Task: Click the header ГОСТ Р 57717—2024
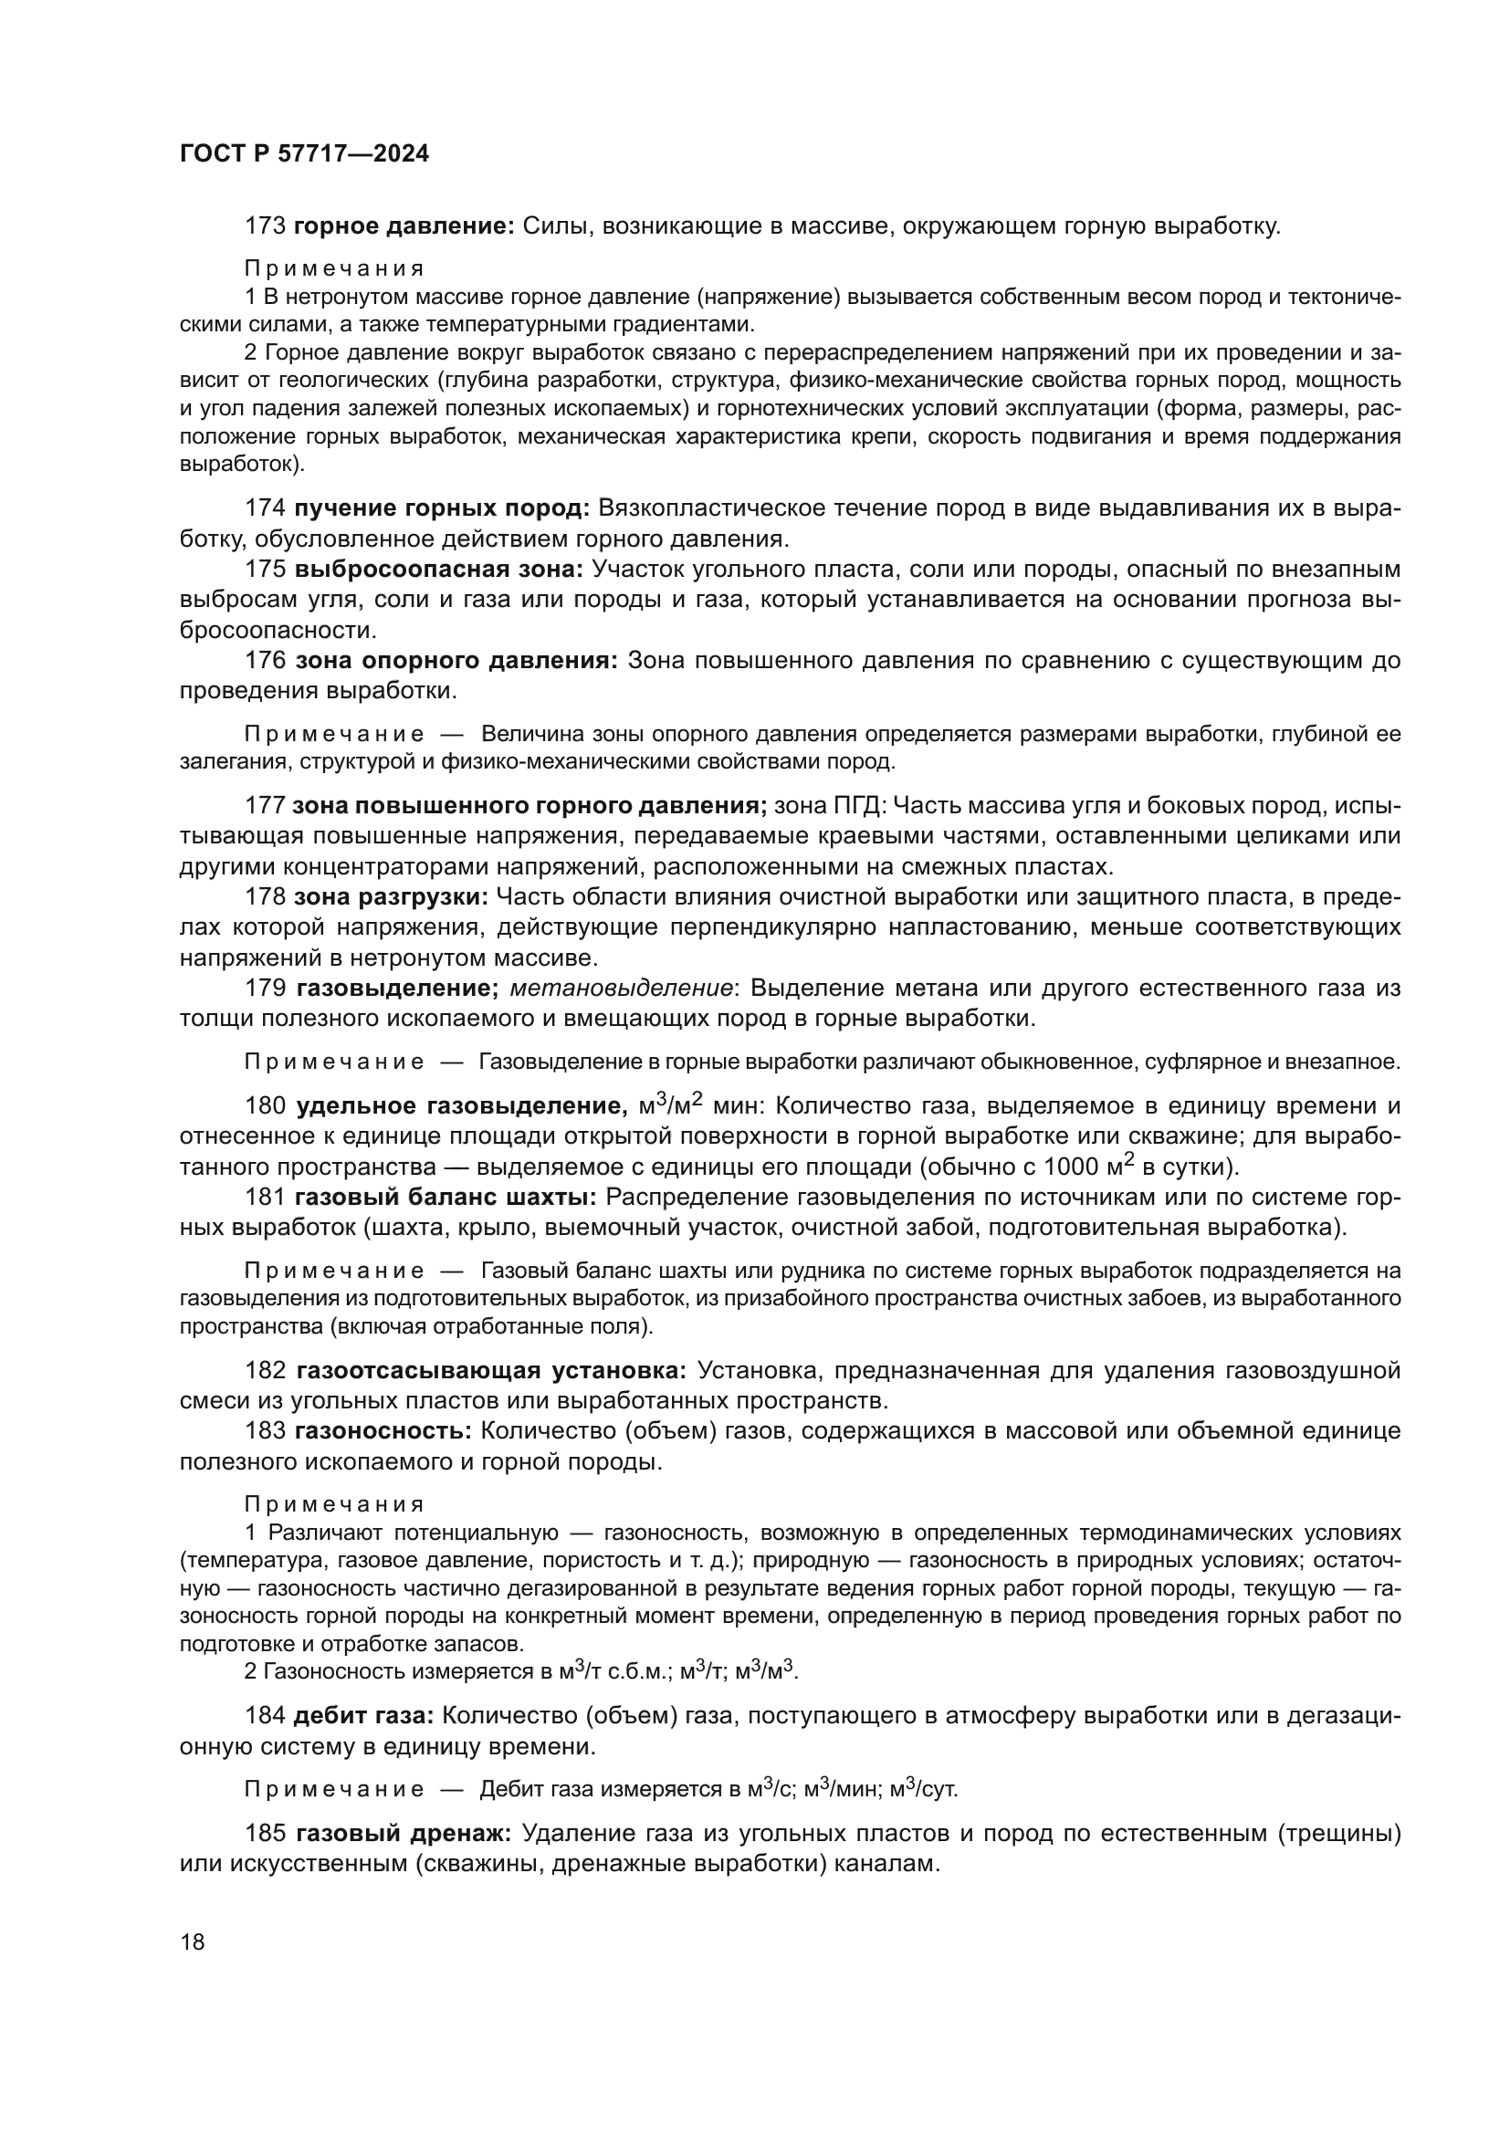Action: tap(304, 154)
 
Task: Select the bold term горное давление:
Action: tap(404, 226)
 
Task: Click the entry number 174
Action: tap(265, 508)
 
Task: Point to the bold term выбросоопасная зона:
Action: tap(439, 569)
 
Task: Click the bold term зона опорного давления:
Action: tap(456, 661)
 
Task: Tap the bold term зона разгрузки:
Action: tap(391, 897)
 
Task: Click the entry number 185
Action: tap(265, 1834)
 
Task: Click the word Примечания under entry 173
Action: tap(334, 268)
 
